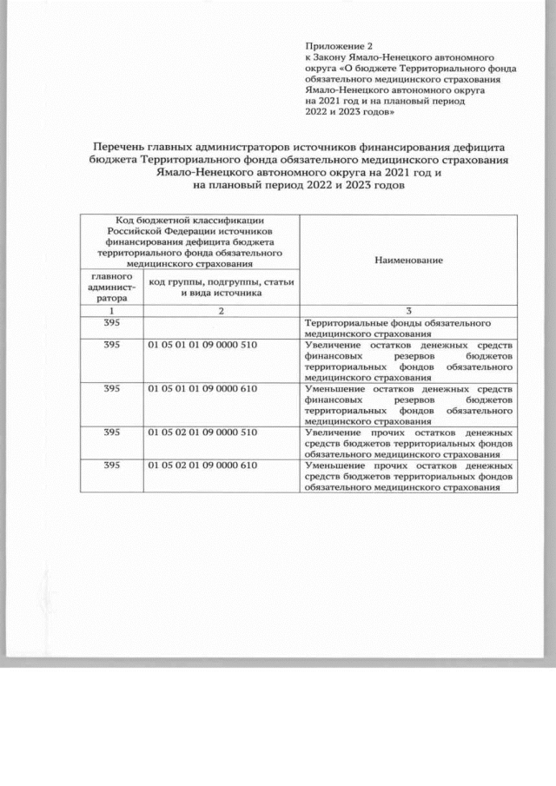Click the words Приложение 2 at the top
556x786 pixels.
click(x=338, y=45)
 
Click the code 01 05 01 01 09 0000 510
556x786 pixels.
click(x=203, y=346)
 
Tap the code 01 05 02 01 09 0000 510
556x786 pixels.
click(x=203, y=432)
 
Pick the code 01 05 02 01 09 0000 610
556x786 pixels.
click(x=203, y=466)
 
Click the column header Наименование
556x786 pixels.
click(x=408, y=260)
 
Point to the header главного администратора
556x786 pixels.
click(x=111, y=287)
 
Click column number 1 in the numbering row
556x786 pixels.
click(x=111, y=311)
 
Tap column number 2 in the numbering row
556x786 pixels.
click(x=222, y=311)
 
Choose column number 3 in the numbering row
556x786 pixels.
click(x=408, y=311)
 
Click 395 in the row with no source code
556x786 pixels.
click(x=111, y=323)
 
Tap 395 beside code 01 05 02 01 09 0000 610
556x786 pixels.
click(x=111, y=466)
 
